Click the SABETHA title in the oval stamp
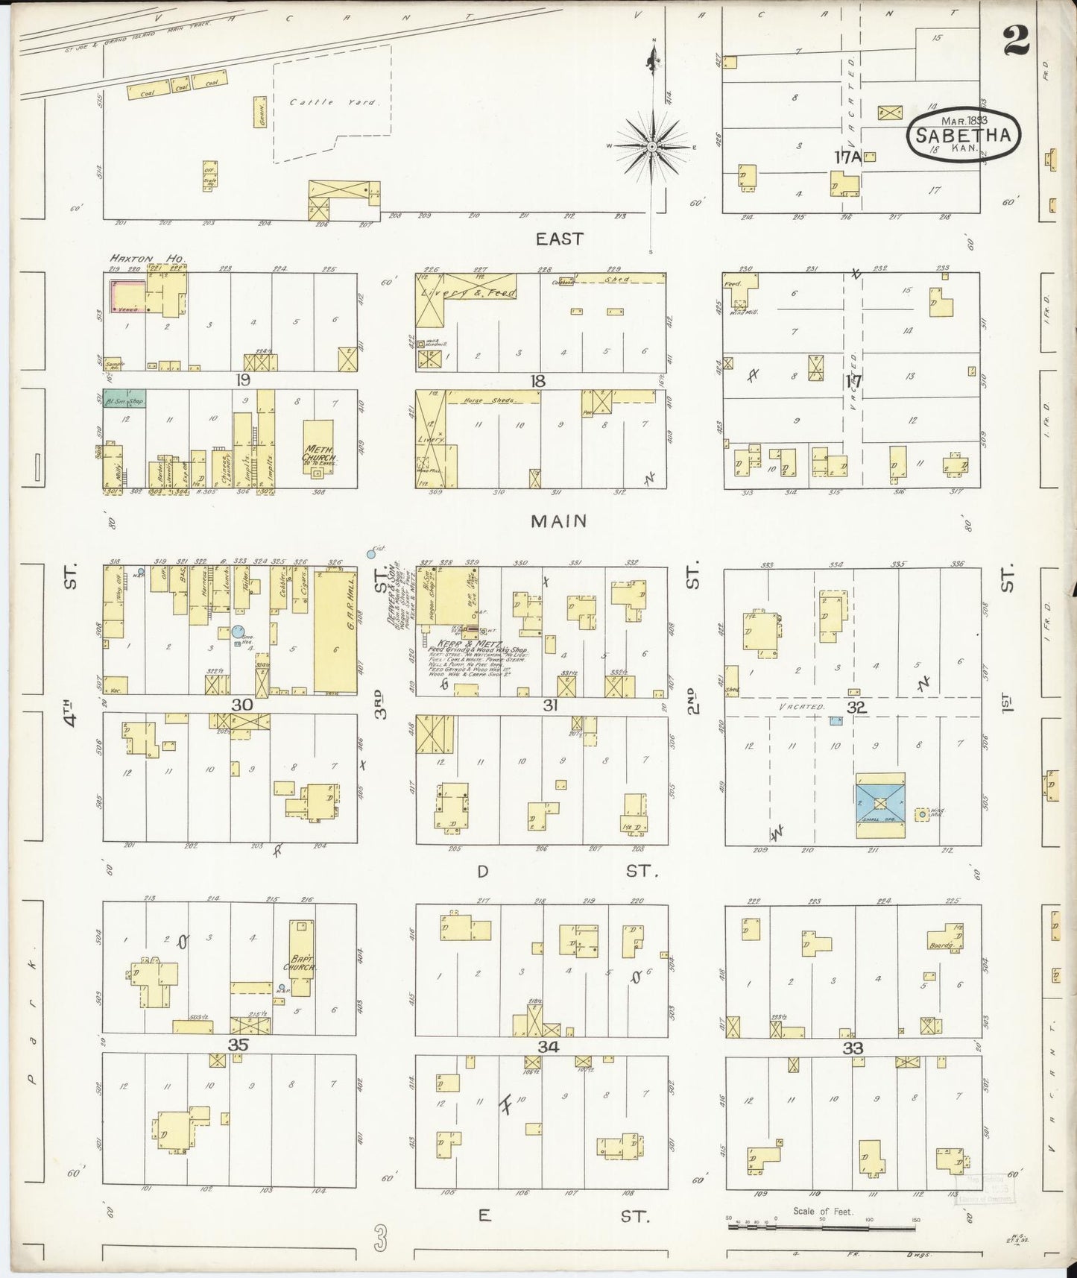(963, 136)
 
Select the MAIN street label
(558, 521)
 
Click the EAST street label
(559, 239)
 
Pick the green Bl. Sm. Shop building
(124, 399)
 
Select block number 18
(537, 381)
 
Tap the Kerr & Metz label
(479, 643)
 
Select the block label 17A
(847, 157)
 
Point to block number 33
(853, 1048)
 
